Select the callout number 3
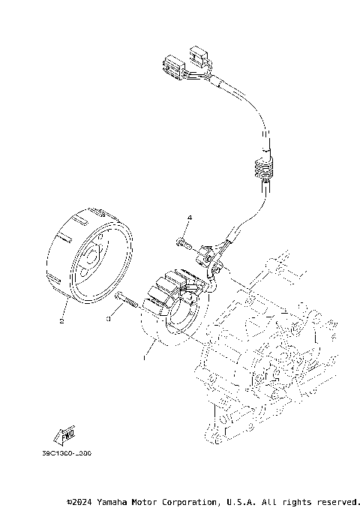click(109, 319)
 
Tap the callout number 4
click(189, 218)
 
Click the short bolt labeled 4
click(183, 242)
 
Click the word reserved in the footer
click(338, 500)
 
